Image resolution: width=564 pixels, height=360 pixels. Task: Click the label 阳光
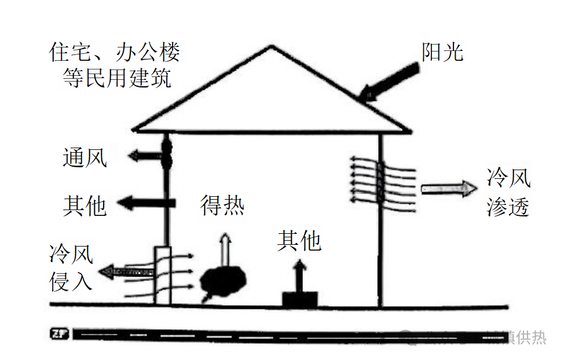(x=442, y=53)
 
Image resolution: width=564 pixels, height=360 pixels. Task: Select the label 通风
(x=85, y=157)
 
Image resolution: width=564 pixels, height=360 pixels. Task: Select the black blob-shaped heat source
(x=224, y=280)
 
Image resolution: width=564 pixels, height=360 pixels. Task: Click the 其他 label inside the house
(x=299, y=240)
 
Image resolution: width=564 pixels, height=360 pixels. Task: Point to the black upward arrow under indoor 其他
(x=299, y=276)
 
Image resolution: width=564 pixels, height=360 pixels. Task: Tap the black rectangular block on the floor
(x=299, y=299)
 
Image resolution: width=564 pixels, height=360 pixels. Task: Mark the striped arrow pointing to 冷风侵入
(x=124, y=270)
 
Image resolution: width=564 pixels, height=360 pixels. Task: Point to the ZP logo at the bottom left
(x=58, y=334)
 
